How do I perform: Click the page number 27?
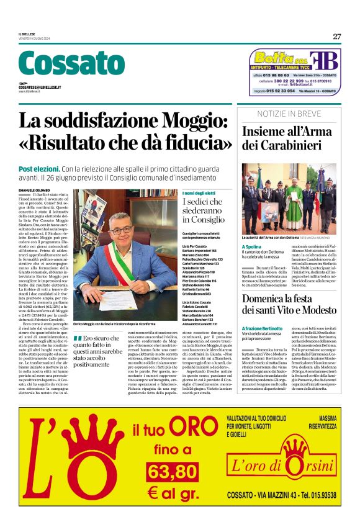(x=336, y=37)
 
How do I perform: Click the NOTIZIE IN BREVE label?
(x=290, y=114)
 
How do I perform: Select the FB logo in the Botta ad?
(x=326, y=61)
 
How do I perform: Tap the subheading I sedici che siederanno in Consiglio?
(x=207, y=210)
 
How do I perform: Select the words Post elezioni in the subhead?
(x=39, y=169)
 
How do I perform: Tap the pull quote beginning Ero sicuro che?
(x=100, y=351)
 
